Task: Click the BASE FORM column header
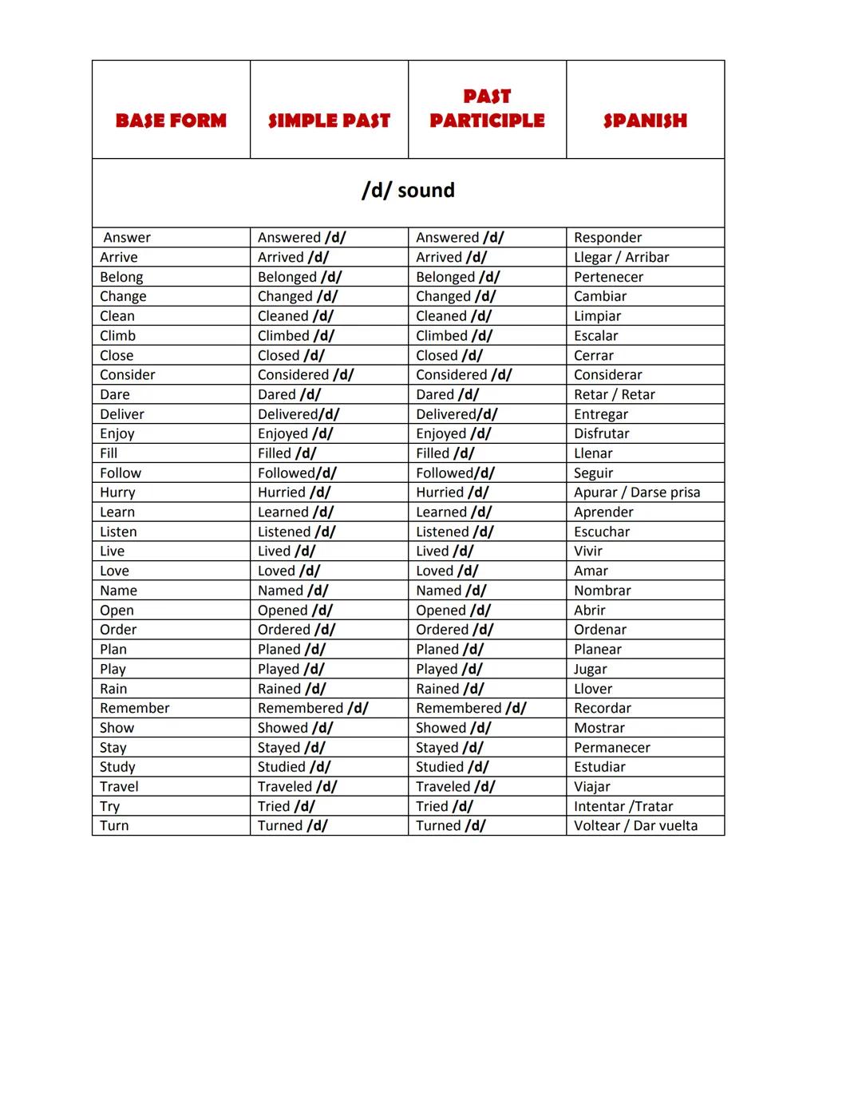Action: click(171, 121)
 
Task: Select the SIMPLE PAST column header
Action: click(329, 121)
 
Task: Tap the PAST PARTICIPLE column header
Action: click(487, 109)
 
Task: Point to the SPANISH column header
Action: click(645, 121)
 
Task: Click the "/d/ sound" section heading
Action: click(408, 190)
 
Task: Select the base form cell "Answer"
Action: click(127, 238)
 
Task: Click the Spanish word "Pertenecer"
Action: click(608, 277)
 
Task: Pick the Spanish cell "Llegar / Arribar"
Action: click(621, 257)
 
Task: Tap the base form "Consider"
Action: click(128, 375)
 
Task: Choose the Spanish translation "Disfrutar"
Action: click(601, 433)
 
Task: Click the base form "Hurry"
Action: click(117, 492)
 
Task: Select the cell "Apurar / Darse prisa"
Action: click(637, 492)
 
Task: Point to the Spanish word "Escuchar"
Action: click(602, 532)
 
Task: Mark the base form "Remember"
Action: click(135, 708)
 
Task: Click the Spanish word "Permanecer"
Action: click(612, 748)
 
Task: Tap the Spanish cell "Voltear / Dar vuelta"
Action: click(635, 826)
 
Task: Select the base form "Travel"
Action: click(119, 787)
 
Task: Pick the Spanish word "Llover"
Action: click(593, 689)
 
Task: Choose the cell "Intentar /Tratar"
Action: click(623, 806)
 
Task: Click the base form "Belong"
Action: click(121, 277)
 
